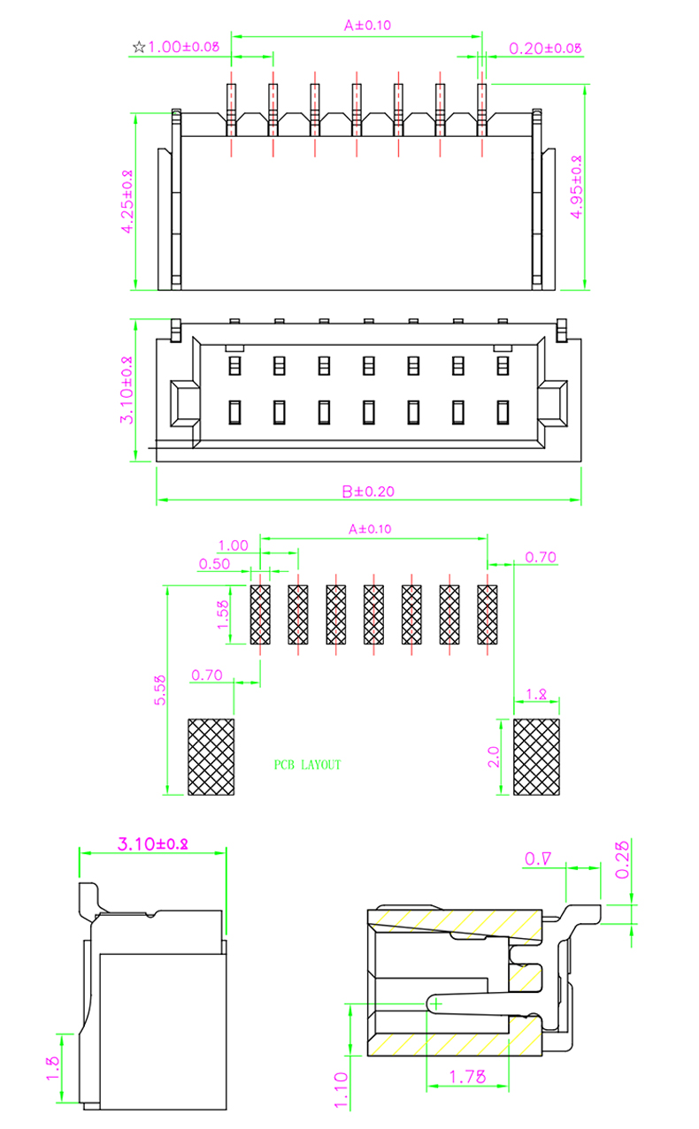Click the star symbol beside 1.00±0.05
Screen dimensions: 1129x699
tap(138, 47)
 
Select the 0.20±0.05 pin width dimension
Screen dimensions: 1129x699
tap(545, 48)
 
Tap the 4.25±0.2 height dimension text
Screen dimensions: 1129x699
tap(127, 202)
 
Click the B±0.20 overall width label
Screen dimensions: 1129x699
tap(368, 491)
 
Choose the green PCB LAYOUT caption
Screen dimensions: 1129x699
tap(307, 765)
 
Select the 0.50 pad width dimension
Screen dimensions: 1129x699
tap(215, 563)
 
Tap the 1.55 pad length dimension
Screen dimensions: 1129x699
tap(224, 614)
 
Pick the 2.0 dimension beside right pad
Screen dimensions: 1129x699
tap(494, 757)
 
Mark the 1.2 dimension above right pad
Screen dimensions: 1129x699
tap(536, 695)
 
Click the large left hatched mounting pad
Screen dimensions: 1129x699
tap(211, 757)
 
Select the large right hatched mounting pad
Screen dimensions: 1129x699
tap(537, 757)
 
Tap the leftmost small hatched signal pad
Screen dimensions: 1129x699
tap(260, 614)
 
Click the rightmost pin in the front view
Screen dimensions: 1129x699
tap(482, 111)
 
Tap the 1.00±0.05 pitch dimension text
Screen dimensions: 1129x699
tap(183, 47)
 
